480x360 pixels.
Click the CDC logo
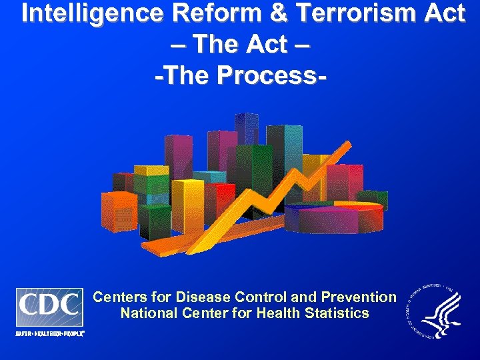click(x=49, y=307)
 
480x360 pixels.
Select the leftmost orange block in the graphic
click(x=118, y=210)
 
